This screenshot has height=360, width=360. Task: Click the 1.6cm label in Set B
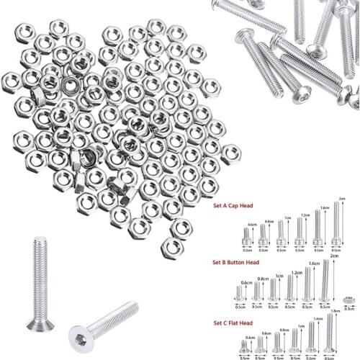tap(313, 264)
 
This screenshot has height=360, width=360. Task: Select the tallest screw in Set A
tap(336, 231)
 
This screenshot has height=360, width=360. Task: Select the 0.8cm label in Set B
tap(264, 279)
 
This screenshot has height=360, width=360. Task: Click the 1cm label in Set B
tap(279, 276)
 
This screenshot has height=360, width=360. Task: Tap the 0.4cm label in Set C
tap(249, 338)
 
